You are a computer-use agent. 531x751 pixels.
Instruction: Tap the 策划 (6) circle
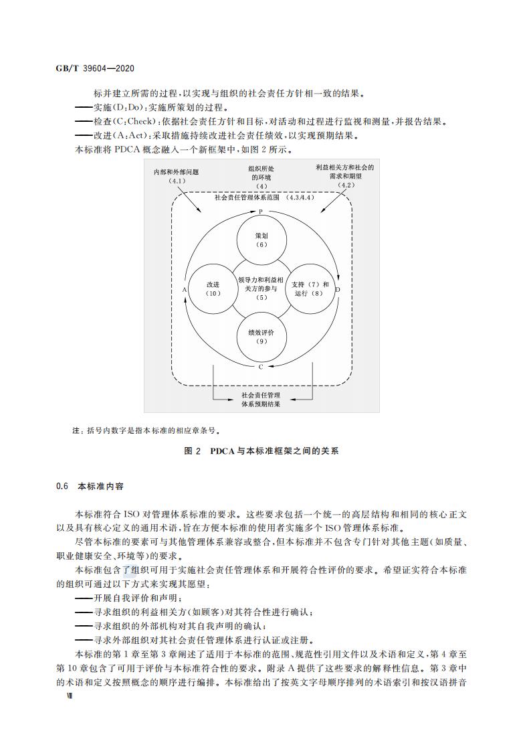coord(261,240)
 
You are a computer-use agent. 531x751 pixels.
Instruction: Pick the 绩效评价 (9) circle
coord(261,337)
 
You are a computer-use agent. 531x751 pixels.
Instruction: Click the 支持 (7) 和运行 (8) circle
coord(310,288)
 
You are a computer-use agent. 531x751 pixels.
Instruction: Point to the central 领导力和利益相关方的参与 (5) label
coord(261,288)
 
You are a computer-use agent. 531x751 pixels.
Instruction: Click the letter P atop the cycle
coord(261,212)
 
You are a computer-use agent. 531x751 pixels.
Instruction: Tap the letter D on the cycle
coord(338,289)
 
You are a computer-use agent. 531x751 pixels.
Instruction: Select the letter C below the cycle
coord(261,367)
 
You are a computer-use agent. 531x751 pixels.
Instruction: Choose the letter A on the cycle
coord(184,289)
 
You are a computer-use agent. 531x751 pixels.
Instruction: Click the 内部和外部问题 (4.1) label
coord(177,177)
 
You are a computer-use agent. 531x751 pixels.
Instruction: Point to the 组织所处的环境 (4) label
coord(261,177)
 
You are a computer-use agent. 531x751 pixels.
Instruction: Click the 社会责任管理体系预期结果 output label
coord(261,400)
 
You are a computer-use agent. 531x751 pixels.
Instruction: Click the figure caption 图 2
coord(192,451)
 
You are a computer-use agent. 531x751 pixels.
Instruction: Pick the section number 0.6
coord(63,487)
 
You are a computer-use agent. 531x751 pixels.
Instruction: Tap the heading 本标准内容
coord(97,487)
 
